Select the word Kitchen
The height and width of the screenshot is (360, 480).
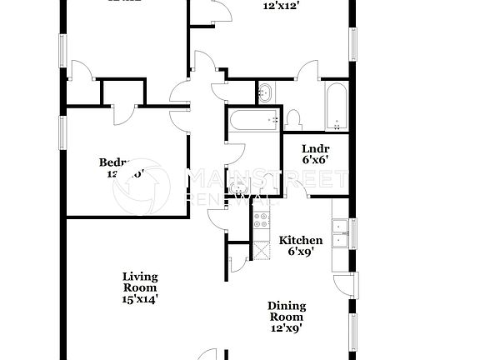(x=300, y=240)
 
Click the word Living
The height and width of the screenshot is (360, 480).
(x=140, y=277)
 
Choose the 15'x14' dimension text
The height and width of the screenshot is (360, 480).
(x=140, y=297)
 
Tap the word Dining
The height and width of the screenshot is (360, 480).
(x=286, y=306)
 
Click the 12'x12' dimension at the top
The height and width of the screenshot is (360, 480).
(x=281, y=6)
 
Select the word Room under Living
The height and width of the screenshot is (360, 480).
(x=140, y=287)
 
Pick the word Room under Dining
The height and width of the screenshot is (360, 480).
(x=286, y=317)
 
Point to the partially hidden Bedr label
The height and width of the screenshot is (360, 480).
(x=113, y=162)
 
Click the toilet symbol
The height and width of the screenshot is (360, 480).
(x=293, y=119)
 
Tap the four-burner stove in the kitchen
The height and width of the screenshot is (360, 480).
(x=260, y=222)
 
